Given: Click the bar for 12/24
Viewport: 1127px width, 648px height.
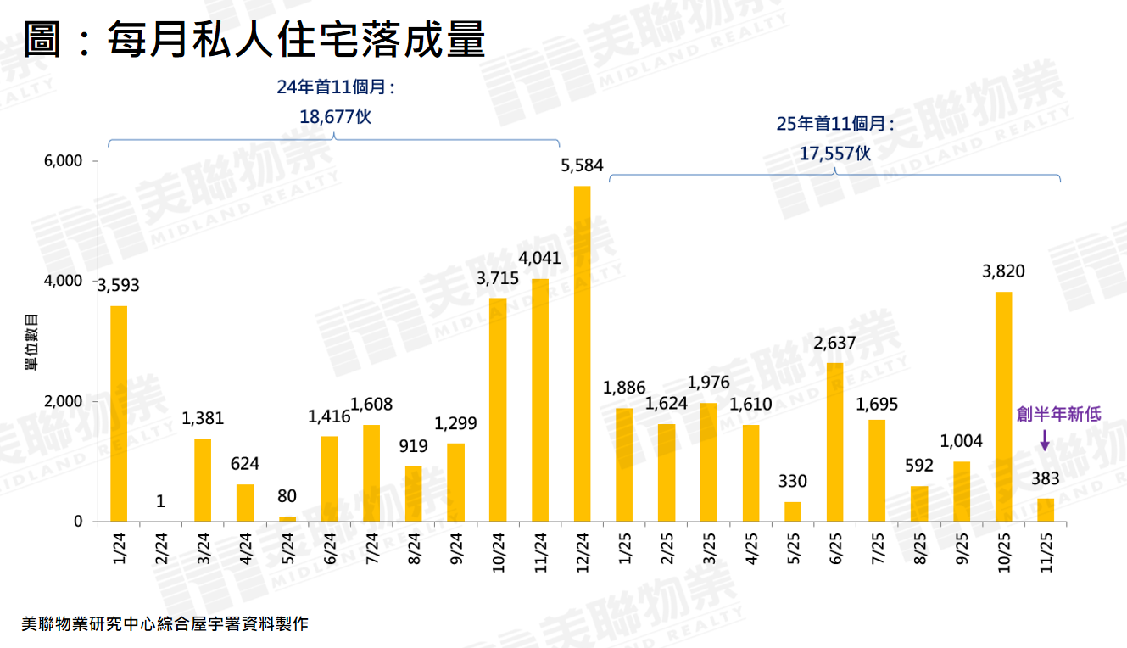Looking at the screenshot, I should tap(582, 354).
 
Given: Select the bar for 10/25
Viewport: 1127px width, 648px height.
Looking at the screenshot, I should tap(1003, 406).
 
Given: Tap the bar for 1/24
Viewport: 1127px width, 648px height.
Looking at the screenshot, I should tap(119, 413).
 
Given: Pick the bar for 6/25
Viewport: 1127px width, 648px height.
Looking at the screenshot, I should tap(834, 442).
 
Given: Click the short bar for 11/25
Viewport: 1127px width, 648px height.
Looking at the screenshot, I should tap(1046, 510).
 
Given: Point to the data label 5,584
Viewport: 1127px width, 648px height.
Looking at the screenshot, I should tap(582, 165).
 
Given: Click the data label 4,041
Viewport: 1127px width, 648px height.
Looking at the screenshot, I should tap(539, 258).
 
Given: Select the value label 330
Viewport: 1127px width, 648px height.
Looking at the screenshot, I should tap(793, 481).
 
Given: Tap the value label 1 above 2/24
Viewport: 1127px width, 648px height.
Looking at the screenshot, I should tap(160, 501).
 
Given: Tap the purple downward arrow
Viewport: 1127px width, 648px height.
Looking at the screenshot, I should tap(1045, 439).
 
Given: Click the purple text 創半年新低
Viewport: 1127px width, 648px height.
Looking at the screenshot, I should tap(1058, 414).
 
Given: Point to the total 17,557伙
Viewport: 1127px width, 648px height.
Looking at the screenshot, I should tap(835, 153).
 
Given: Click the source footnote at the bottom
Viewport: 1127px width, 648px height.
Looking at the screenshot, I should tap(165, 624).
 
